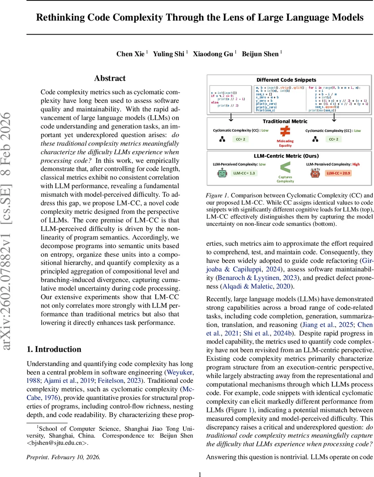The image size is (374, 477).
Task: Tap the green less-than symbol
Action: (285, 168)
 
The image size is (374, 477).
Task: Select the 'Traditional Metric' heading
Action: (285, 121)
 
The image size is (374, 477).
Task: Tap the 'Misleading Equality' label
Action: (285, 143)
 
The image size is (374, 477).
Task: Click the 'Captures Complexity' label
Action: (285, 179)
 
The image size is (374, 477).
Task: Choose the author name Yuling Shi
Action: (168, 54)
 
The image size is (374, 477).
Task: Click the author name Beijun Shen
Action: (261, 54)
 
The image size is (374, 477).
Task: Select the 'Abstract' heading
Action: (110, 78)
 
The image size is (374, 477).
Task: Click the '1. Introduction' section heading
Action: (54, 349)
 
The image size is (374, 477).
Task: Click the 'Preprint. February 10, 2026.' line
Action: (63, 457)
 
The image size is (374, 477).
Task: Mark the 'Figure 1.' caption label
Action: (217, 196)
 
